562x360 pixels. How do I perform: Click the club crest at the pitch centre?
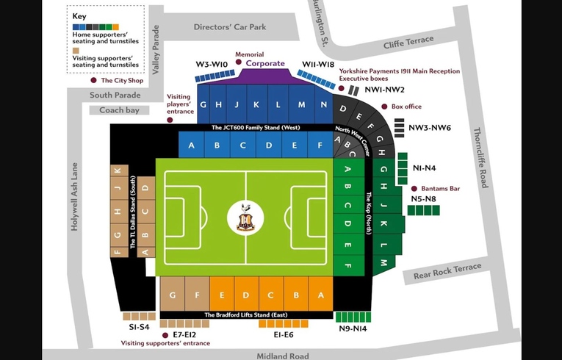coord(245,217)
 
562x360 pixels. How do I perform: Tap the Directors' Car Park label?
coord(229,27)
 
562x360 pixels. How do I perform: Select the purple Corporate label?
coord(265,64)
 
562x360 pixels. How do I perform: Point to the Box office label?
coord(406,107)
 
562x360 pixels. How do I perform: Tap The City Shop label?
coord(122,81)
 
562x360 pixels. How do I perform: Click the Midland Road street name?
coord(282,356)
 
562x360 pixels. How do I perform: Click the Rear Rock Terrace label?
coord(447,271)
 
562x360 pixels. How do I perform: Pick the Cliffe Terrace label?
coord(408,45)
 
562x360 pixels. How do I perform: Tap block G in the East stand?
coord(173,295)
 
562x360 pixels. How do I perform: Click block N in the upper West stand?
coord(323,105)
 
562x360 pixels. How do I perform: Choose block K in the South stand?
coord(117,171)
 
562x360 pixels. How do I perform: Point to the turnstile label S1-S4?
coord(139,326)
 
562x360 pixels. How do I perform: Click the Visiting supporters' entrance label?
coord(165,343)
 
